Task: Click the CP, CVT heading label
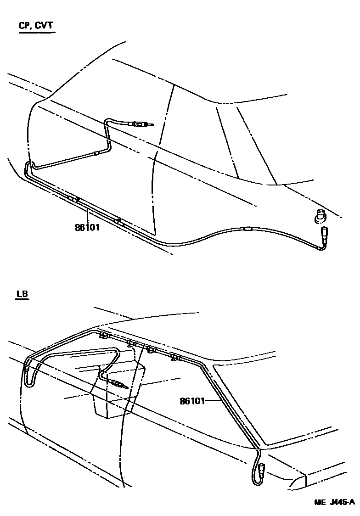[36, 26]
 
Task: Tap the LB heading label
[22, 294]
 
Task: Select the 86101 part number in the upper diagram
[87, 227]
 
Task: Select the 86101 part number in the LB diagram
[192, 401]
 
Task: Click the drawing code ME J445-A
[335, 502]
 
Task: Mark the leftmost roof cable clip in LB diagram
[105, 336]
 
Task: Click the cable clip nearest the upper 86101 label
[74, 199]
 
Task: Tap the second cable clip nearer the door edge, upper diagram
[119, 221]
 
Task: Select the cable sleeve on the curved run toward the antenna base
[247, 229]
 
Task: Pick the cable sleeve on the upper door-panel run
[96, 153]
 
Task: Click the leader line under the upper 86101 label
[87, 215]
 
